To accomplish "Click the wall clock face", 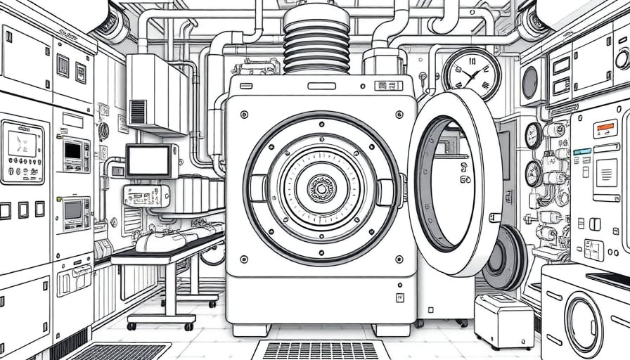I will coord(471,74).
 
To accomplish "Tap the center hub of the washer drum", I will coord(321,188).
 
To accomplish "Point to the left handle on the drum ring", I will coord(257,188).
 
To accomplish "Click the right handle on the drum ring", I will coord(385,192).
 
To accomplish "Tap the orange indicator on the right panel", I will coord(605,129).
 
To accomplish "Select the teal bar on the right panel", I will coord(582,151).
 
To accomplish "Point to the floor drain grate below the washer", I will coord(321,349).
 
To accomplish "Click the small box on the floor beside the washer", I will coord(503,320).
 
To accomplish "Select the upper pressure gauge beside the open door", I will coord(534,135).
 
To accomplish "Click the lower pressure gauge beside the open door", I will coord(534,172).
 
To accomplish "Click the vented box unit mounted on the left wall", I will coord(156,94).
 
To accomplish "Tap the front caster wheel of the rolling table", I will coord(188,326).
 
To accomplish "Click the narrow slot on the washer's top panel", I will coord(321,86).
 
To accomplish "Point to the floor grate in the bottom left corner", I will coord(120,352).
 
